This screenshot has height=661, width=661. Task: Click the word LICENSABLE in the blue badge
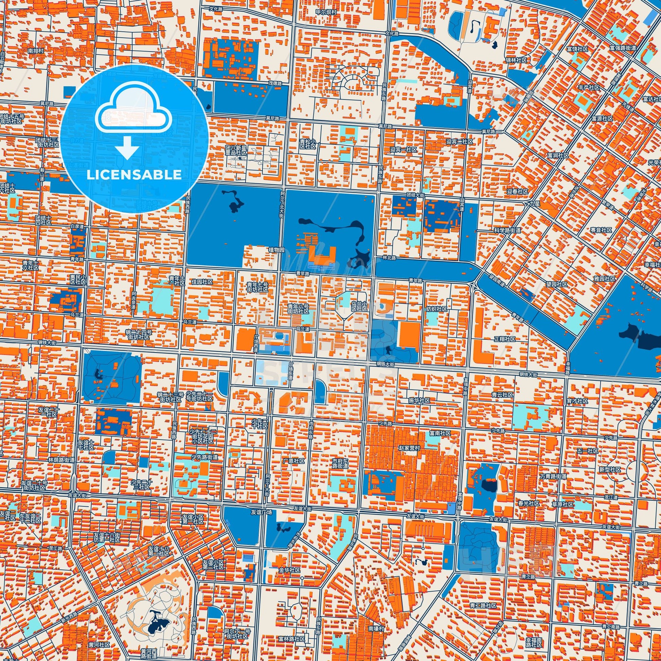[134, 175]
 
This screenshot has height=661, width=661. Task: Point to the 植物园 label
[276, 250]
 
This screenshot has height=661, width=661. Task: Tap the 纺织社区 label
[436, 309]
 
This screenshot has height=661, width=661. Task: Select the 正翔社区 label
[505, 339]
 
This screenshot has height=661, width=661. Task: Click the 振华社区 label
[419, 400]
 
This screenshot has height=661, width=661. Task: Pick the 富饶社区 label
[577, 49]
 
